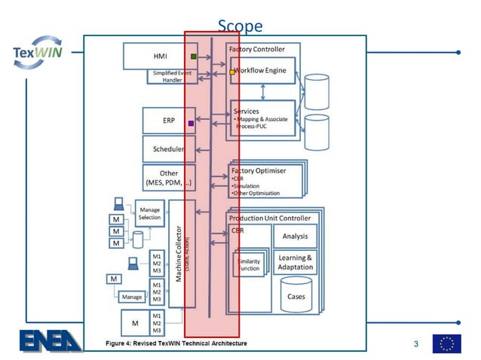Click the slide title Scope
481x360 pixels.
(240, 26)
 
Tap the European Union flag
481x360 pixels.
(446, 343)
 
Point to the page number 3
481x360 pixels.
(415, 344)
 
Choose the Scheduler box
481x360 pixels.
(169, 148)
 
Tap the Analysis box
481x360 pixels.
(295, 236)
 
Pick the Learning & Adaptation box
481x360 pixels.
(295, 262)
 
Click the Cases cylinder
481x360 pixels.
(296, 295)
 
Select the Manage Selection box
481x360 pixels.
(149, 212)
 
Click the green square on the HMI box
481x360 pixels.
(194, 56)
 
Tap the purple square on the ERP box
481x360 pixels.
(191, 123)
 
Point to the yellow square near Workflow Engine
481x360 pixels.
(232, 72)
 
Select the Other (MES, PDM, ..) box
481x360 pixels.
(169, 178)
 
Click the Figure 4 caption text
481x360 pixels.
(176, 343)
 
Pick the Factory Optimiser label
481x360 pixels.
(259, 171)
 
